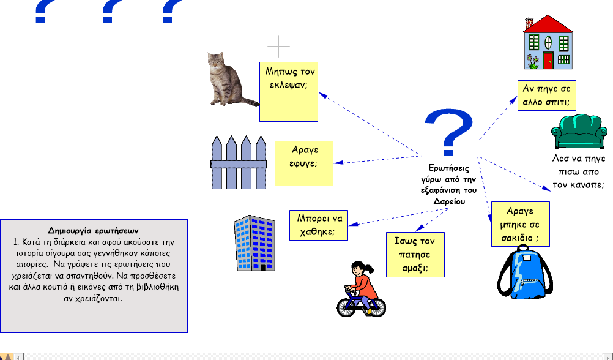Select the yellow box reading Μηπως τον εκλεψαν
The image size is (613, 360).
[289, 92]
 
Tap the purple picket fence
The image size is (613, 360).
[239, 162]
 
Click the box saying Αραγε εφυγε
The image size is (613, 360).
[304, 163]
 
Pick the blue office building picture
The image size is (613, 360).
[254, 242]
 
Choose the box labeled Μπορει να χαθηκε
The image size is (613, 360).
[319, 225]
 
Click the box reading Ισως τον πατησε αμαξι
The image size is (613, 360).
[415, 255]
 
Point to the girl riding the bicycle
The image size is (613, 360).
[361, 289]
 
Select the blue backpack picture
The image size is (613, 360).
[525, 272]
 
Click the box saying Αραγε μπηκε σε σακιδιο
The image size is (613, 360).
[521, 224]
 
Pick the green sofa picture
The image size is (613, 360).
[579, 132]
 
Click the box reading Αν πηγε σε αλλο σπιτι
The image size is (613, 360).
[546, 96]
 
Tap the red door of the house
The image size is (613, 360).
[548, 60]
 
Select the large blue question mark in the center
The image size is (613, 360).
[449, 133]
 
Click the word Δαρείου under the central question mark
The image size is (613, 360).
[449, 201]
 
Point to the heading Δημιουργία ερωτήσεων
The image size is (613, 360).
[93, 231]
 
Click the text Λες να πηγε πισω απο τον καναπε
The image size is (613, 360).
[579, 171]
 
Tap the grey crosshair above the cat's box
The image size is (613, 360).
[279, 46]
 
